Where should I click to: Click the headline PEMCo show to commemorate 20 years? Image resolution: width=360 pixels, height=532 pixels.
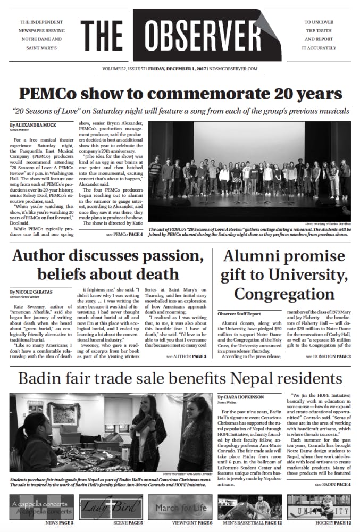pos(180,94)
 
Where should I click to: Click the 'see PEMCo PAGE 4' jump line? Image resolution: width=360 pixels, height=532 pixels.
pos(124,234)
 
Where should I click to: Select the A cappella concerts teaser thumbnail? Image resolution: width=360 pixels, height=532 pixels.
pos(41,507)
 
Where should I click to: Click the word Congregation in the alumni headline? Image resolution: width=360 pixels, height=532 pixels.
pos(284,294)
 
